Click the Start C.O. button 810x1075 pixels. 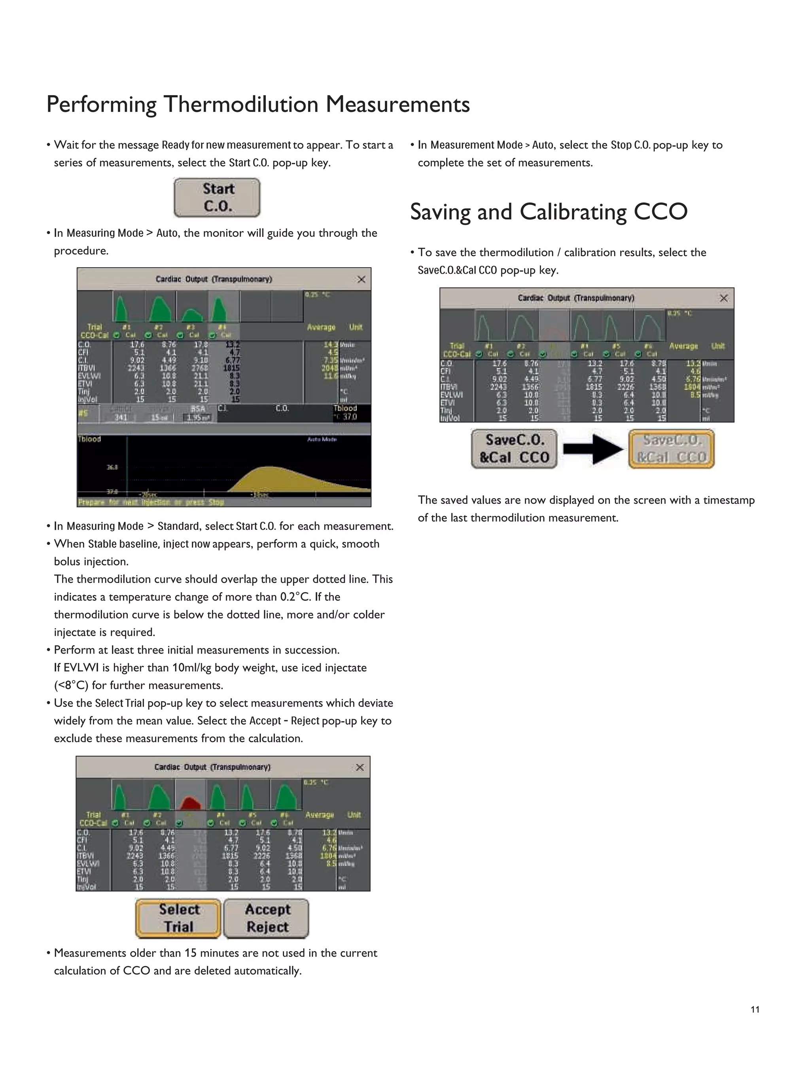tap(217, 197)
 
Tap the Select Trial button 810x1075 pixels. tap(178, 918)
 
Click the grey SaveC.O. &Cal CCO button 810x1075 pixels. tap(514, 449)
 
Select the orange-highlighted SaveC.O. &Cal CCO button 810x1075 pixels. tap(671, 449)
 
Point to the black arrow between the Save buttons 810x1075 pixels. tap(593, 449)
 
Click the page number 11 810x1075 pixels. tap(755, 1009)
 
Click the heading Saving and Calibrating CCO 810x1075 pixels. tap(549, 212)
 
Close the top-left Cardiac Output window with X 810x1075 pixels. tap(361, 279)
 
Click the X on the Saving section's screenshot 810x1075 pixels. tap(723, 298)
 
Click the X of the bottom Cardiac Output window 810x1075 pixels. tap(360, 767)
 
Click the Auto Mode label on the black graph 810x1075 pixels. tap(322, 439)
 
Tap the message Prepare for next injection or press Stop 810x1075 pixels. tap(151, 502)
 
